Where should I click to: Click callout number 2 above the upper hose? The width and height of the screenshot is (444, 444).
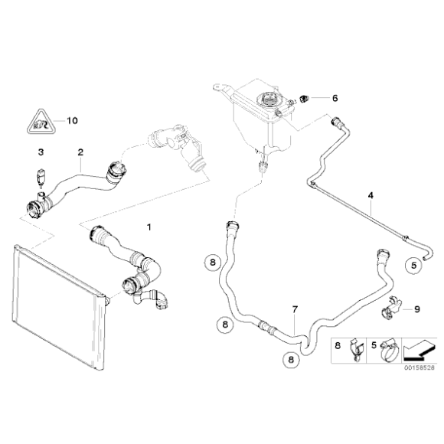80,152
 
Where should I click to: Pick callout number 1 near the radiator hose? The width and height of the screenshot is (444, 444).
149,227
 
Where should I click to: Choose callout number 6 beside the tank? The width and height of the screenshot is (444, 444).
334,98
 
